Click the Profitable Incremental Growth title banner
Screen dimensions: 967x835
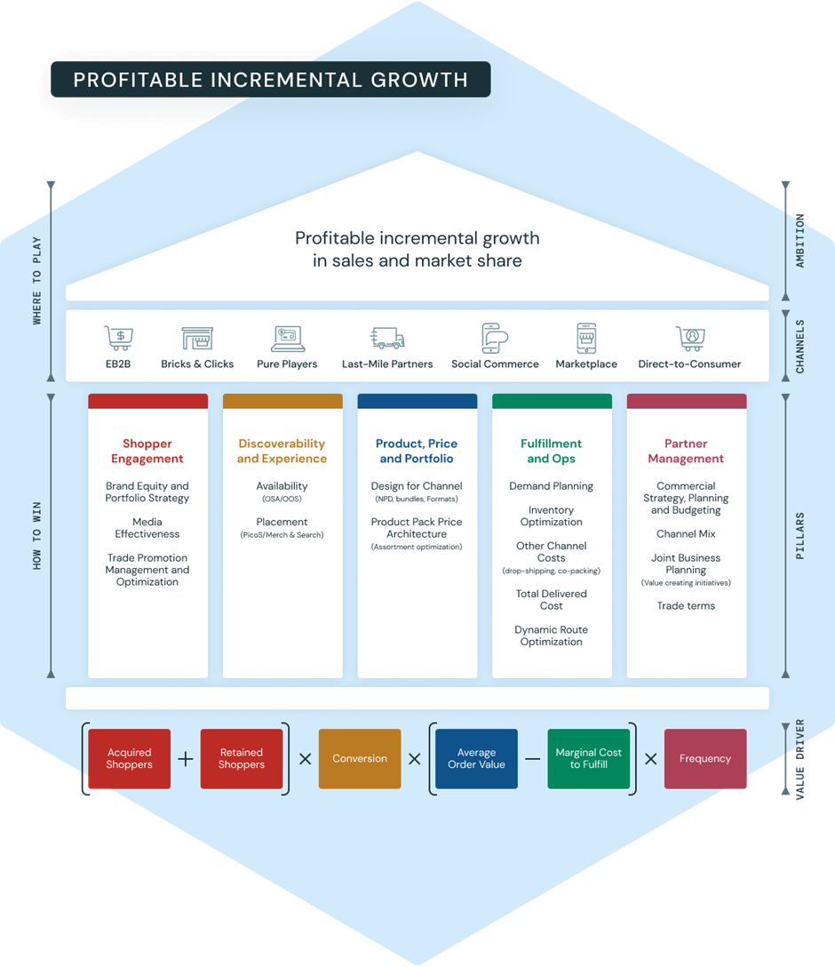tap(270, 80)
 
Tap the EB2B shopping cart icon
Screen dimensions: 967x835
tap(118, 339)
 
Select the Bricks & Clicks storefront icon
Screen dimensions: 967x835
tap(197, 339)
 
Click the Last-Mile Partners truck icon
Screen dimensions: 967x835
tap(387, 339)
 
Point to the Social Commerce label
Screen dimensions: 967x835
tap(495, 364)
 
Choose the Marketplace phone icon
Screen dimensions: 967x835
tap(586, 339)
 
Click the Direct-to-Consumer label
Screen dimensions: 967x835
tap(689, 364)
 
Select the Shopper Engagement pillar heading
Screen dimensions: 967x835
tap(147, 451)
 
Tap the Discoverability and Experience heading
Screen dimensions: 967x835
tap(282, 451)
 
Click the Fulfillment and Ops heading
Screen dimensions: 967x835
tap(551, 451)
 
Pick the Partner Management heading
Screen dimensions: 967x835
tap(686, 451)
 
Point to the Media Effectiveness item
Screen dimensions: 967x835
tap(147, 528)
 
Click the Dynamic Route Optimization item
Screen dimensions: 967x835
tap(551, 635)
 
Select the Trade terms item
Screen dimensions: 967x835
tap(686, 605)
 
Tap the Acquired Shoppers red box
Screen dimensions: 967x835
tap(130, 758)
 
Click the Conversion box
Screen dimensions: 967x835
tap(360, 758)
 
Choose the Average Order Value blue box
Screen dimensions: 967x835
tap(476, 758)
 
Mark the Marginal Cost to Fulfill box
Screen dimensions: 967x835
tap(588, 758)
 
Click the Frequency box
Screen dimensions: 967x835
tap(705, 758)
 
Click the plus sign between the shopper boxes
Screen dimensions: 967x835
tap(186, 759)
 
